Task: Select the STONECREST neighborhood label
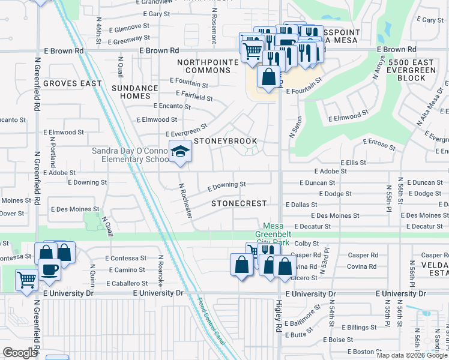(x=239, y=203)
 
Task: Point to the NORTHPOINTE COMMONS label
(x=204, y=66)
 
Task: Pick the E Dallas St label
(x=301, y=205)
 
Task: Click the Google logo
(x=20, y=353)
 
